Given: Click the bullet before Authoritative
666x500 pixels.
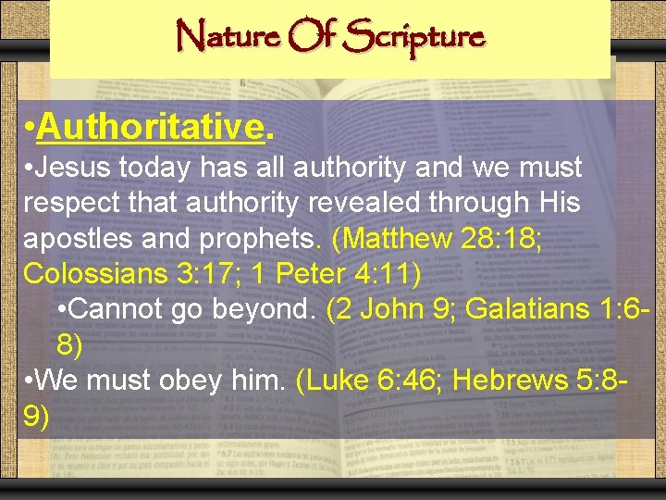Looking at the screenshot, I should point(31,127).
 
